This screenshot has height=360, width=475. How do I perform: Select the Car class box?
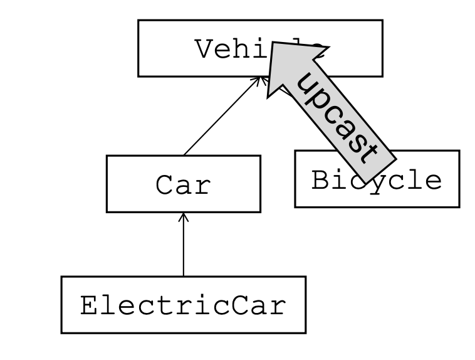tap(183, 184)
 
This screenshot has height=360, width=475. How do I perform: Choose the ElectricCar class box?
tap(183, 305)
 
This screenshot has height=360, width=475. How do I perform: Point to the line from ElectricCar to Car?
tap(183, 248)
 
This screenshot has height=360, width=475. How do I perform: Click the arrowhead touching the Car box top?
tap(183, 216)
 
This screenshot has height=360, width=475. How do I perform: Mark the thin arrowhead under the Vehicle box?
tap(258, 79)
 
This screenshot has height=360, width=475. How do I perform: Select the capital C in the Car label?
tap(165, 185)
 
